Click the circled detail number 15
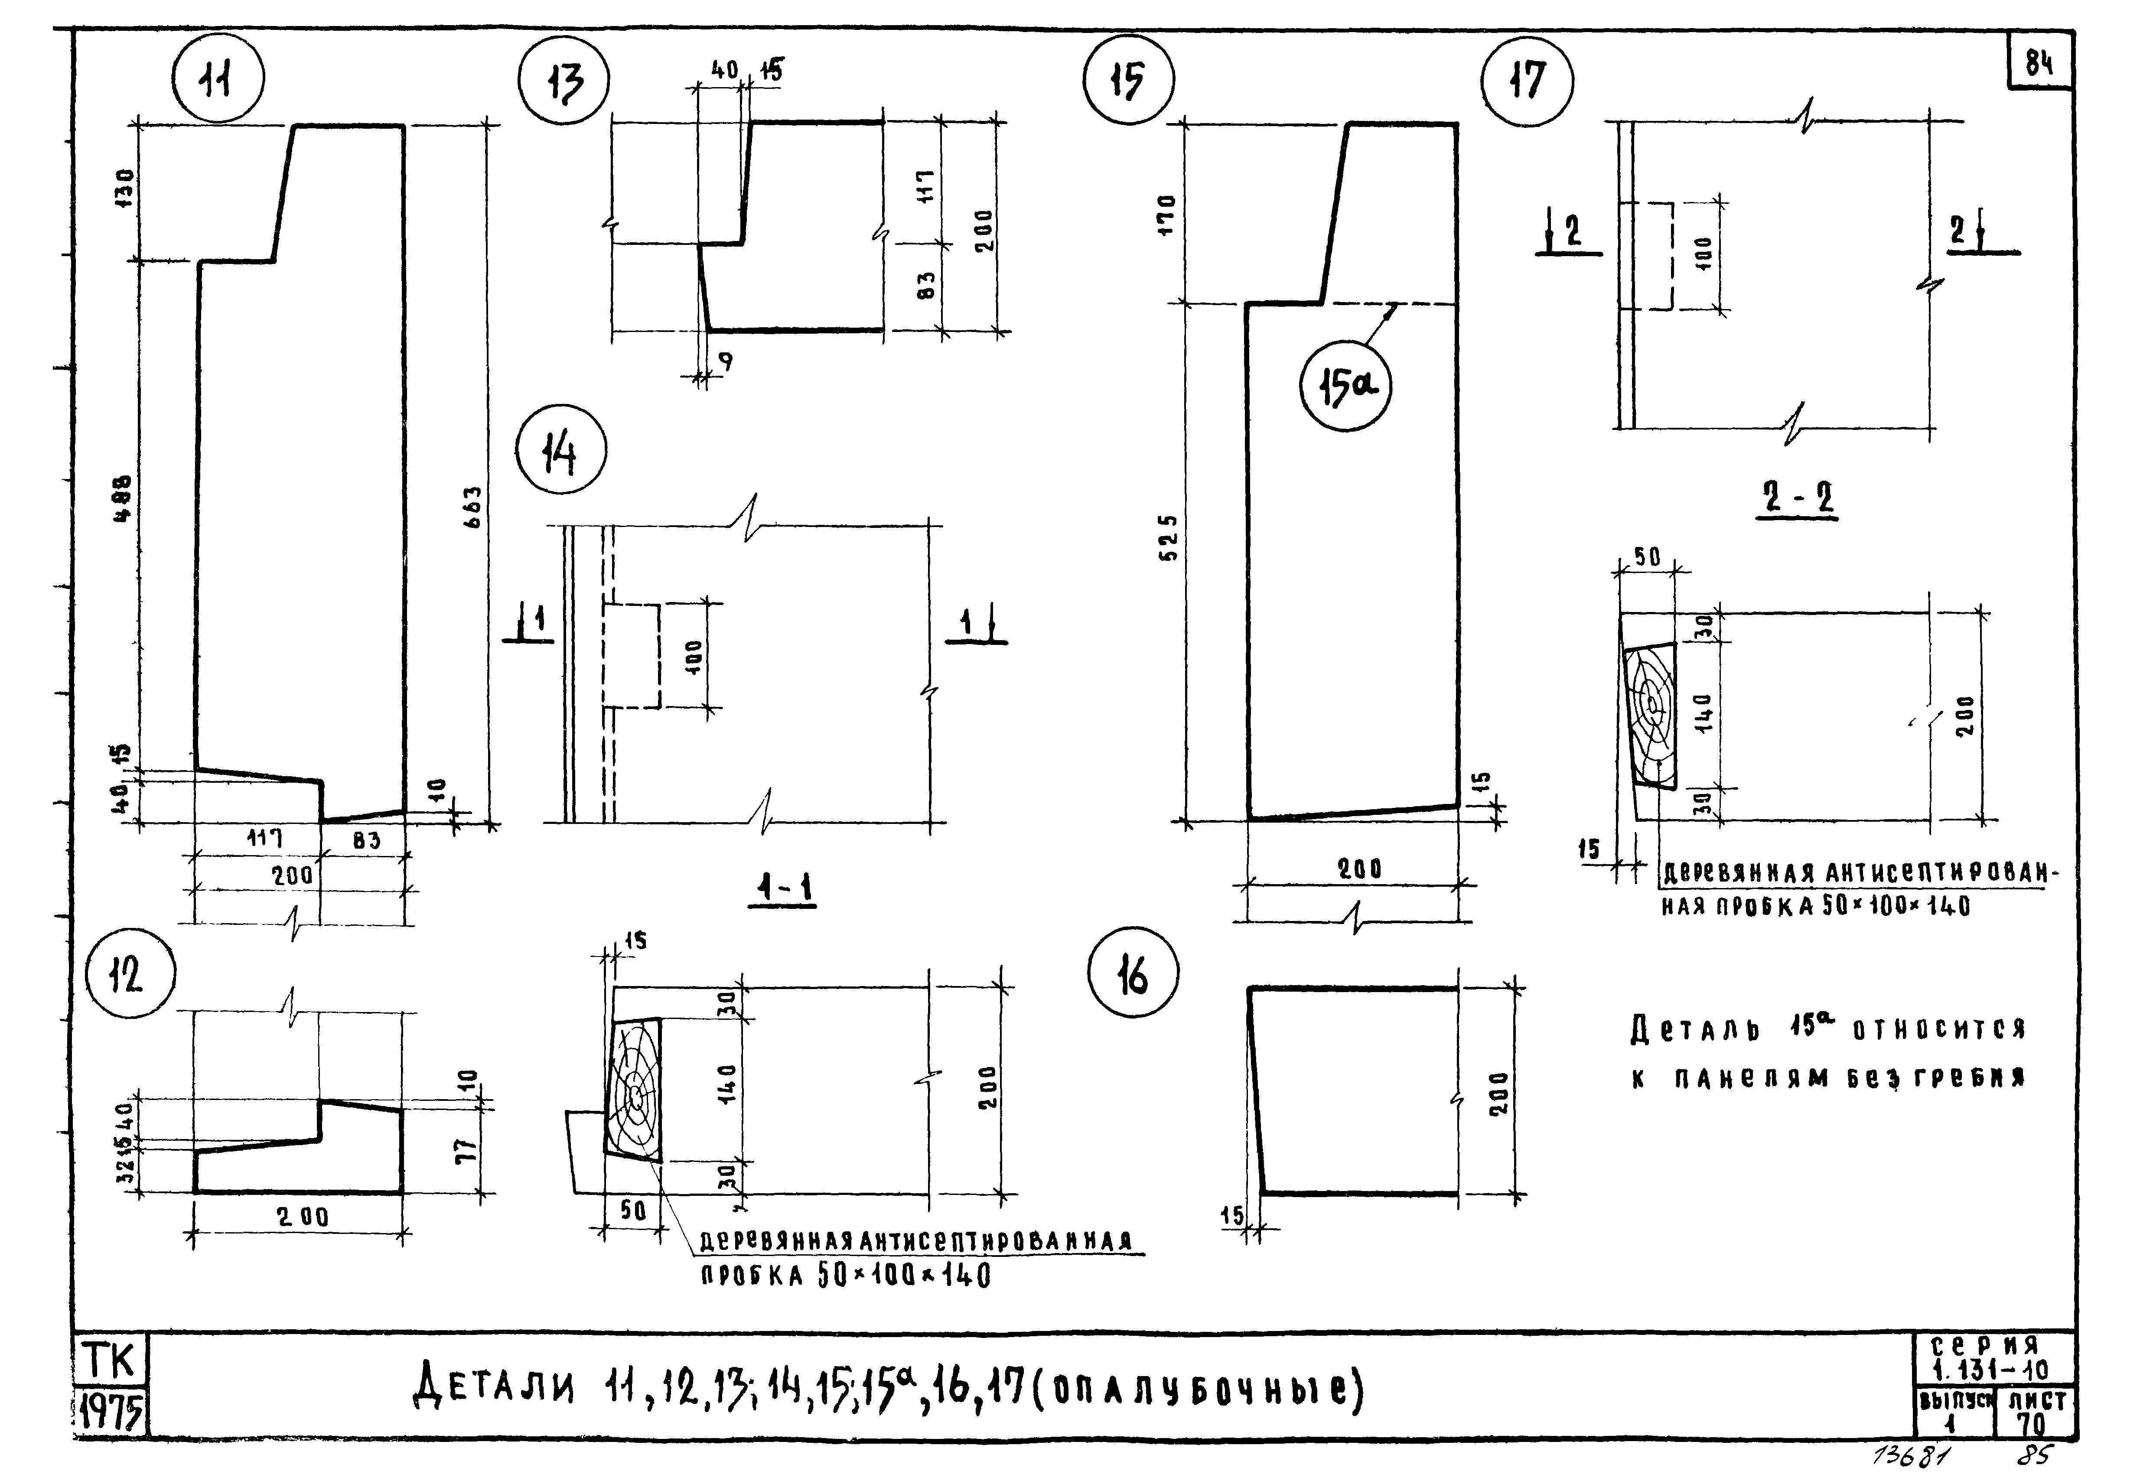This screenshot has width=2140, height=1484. (1128, 81)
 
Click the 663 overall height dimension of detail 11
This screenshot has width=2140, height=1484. (472, 508)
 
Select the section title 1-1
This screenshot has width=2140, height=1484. (783, 890)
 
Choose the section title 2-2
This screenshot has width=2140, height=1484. (1797, 501)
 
